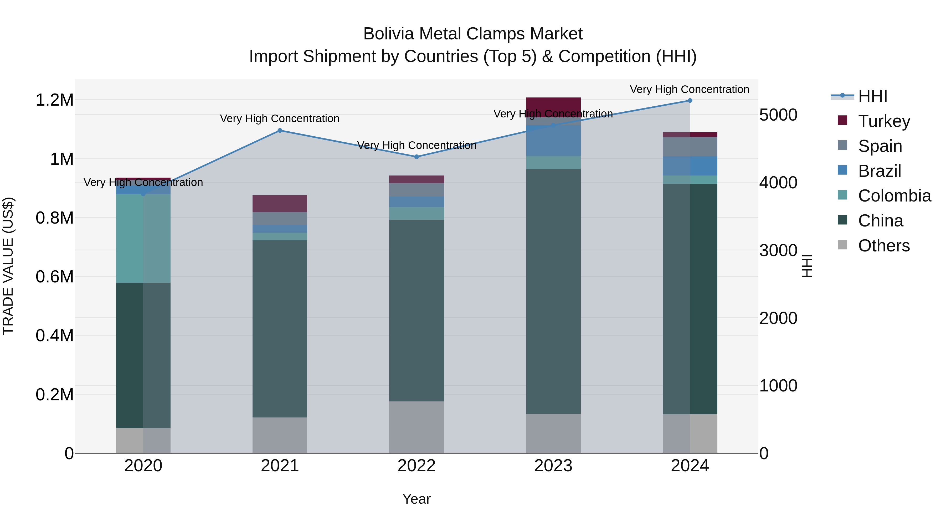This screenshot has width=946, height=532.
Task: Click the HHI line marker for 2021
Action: point(280,130)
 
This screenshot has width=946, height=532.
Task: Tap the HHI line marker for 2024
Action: point(690,101)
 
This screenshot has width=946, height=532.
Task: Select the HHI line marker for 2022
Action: point(417,157)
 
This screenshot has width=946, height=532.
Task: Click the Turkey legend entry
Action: point(884,121)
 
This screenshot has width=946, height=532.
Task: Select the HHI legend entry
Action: point(872,96)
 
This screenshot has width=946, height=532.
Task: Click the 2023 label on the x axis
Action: point(553,466)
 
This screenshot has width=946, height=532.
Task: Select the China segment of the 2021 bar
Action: point(280,329)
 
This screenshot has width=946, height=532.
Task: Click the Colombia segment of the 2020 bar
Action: point(143,238)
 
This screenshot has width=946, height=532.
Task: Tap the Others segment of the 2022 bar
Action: point(417,427)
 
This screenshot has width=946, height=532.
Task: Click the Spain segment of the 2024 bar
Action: point(690,147)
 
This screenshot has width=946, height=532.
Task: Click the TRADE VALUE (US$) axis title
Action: point(8,266)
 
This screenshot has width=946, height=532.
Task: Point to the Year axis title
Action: point(417,499)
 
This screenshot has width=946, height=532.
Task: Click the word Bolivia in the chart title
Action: point(389,34)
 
